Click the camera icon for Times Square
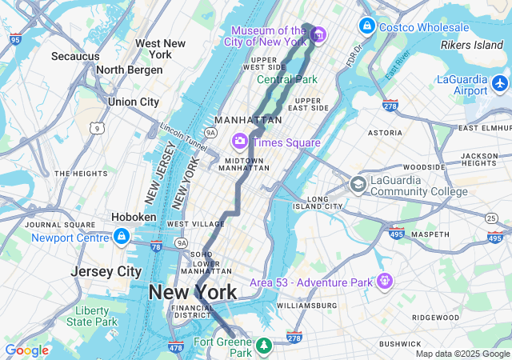pos(239,142)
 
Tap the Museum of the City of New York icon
pos(318,35)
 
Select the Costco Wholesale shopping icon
pos(366,26)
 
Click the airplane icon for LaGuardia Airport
pos(501,82)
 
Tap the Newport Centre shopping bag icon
pos(121,237)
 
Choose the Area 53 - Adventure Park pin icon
pos(385,282)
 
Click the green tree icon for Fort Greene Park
pos(263,346)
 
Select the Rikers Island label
pos(471,45)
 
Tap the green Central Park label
pos(286,79)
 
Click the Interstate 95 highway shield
pos(15,37)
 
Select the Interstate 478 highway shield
pos(176,346)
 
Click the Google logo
pos(26,350)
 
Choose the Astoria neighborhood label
pos(385,132)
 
